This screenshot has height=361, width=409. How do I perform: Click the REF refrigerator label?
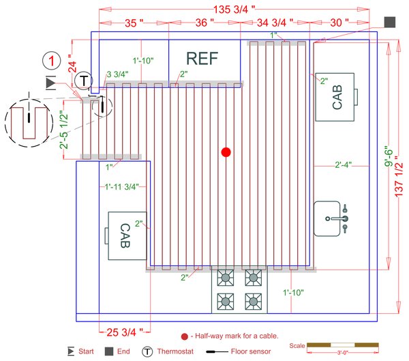(202, 58)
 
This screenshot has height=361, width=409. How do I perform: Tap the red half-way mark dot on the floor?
(226, 152)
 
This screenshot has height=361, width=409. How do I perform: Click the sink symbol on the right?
(333, 218)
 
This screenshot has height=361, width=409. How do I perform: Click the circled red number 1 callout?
(52, 61)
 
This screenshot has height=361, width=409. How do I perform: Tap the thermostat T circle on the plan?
(83, 81)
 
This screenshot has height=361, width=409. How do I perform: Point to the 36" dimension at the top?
(200, 23)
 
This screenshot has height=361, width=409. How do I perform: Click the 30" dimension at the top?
(337, 23)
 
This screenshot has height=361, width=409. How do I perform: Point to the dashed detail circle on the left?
(28, 122)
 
